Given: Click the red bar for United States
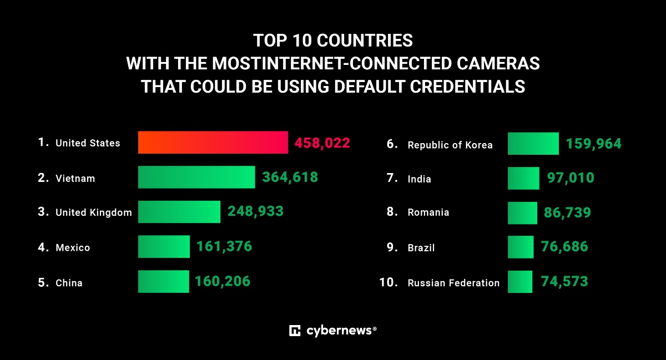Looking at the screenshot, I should (213, 143).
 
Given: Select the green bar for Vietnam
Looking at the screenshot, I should (196, 178).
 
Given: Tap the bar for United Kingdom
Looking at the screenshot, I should (179, 212).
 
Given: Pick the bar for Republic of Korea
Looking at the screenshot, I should (533, 144).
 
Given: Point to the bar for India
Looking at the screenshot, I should (523, 178).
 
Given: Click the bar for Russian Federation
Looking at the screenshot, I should (520, 282).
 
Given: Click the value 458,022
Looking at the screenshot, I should (322, 143).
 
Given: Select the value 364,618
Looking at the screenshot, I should (290, 178).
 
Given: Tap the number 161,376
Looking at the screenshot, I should (224, 247).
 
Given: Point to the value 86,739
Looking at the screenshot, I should (567, 212).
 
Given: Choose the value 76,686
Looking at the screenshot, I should (564, 247).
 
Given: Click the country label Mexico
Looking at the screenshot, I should (73, 248).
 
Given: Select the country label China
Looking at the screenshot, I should (69, 283).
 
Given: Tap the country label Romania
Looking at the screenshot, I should (428, 212).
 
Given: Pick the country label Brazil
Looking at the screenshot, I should (421, 248).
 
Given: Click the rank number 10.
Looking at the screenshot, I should (389, 282).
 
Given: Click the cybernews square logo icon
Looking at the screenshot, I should (295, 331).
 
